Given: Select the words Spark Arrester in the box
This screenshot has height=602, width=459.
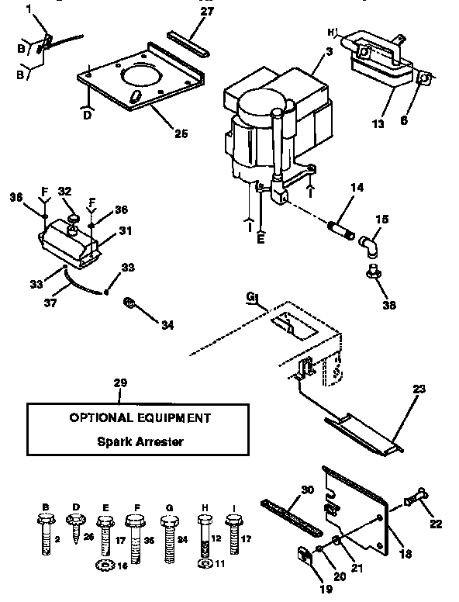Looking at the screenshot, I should tap(140, 443).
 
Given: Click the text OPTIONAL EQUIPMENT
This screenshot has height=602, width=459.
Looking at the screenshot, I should tap(140, 417).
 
